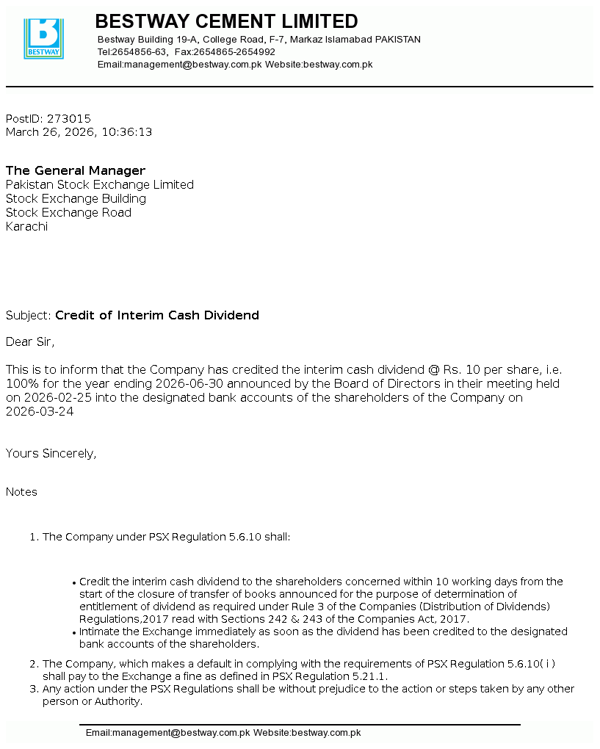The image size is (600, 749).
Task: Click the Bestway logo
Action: [43, 38]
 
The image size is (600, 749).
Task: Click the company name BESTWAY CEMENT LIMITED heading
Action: [226, 21]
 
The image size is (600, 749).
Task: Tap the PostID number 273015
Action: [69, 118]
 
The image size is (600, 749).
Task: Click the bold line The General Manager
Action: [76, 170]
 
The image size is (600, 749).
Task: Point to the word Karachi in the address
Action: [26, 226]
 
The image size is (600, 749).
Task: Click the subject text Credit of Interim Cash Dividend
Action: [157, 315]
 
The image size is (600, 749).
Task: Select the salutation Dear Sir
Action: [30, 341]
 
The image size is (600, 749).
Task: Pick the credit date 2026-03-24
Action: [40, 411]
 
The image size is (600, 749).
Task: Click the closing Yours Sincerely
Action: [51, 453]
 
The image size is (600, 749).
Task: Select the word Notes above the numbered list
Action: [21, 491]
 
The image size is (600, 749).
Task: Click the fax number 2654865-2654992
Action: [234, 52]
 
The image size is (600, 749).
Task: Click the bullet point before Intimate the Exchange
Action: [74, 632]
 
